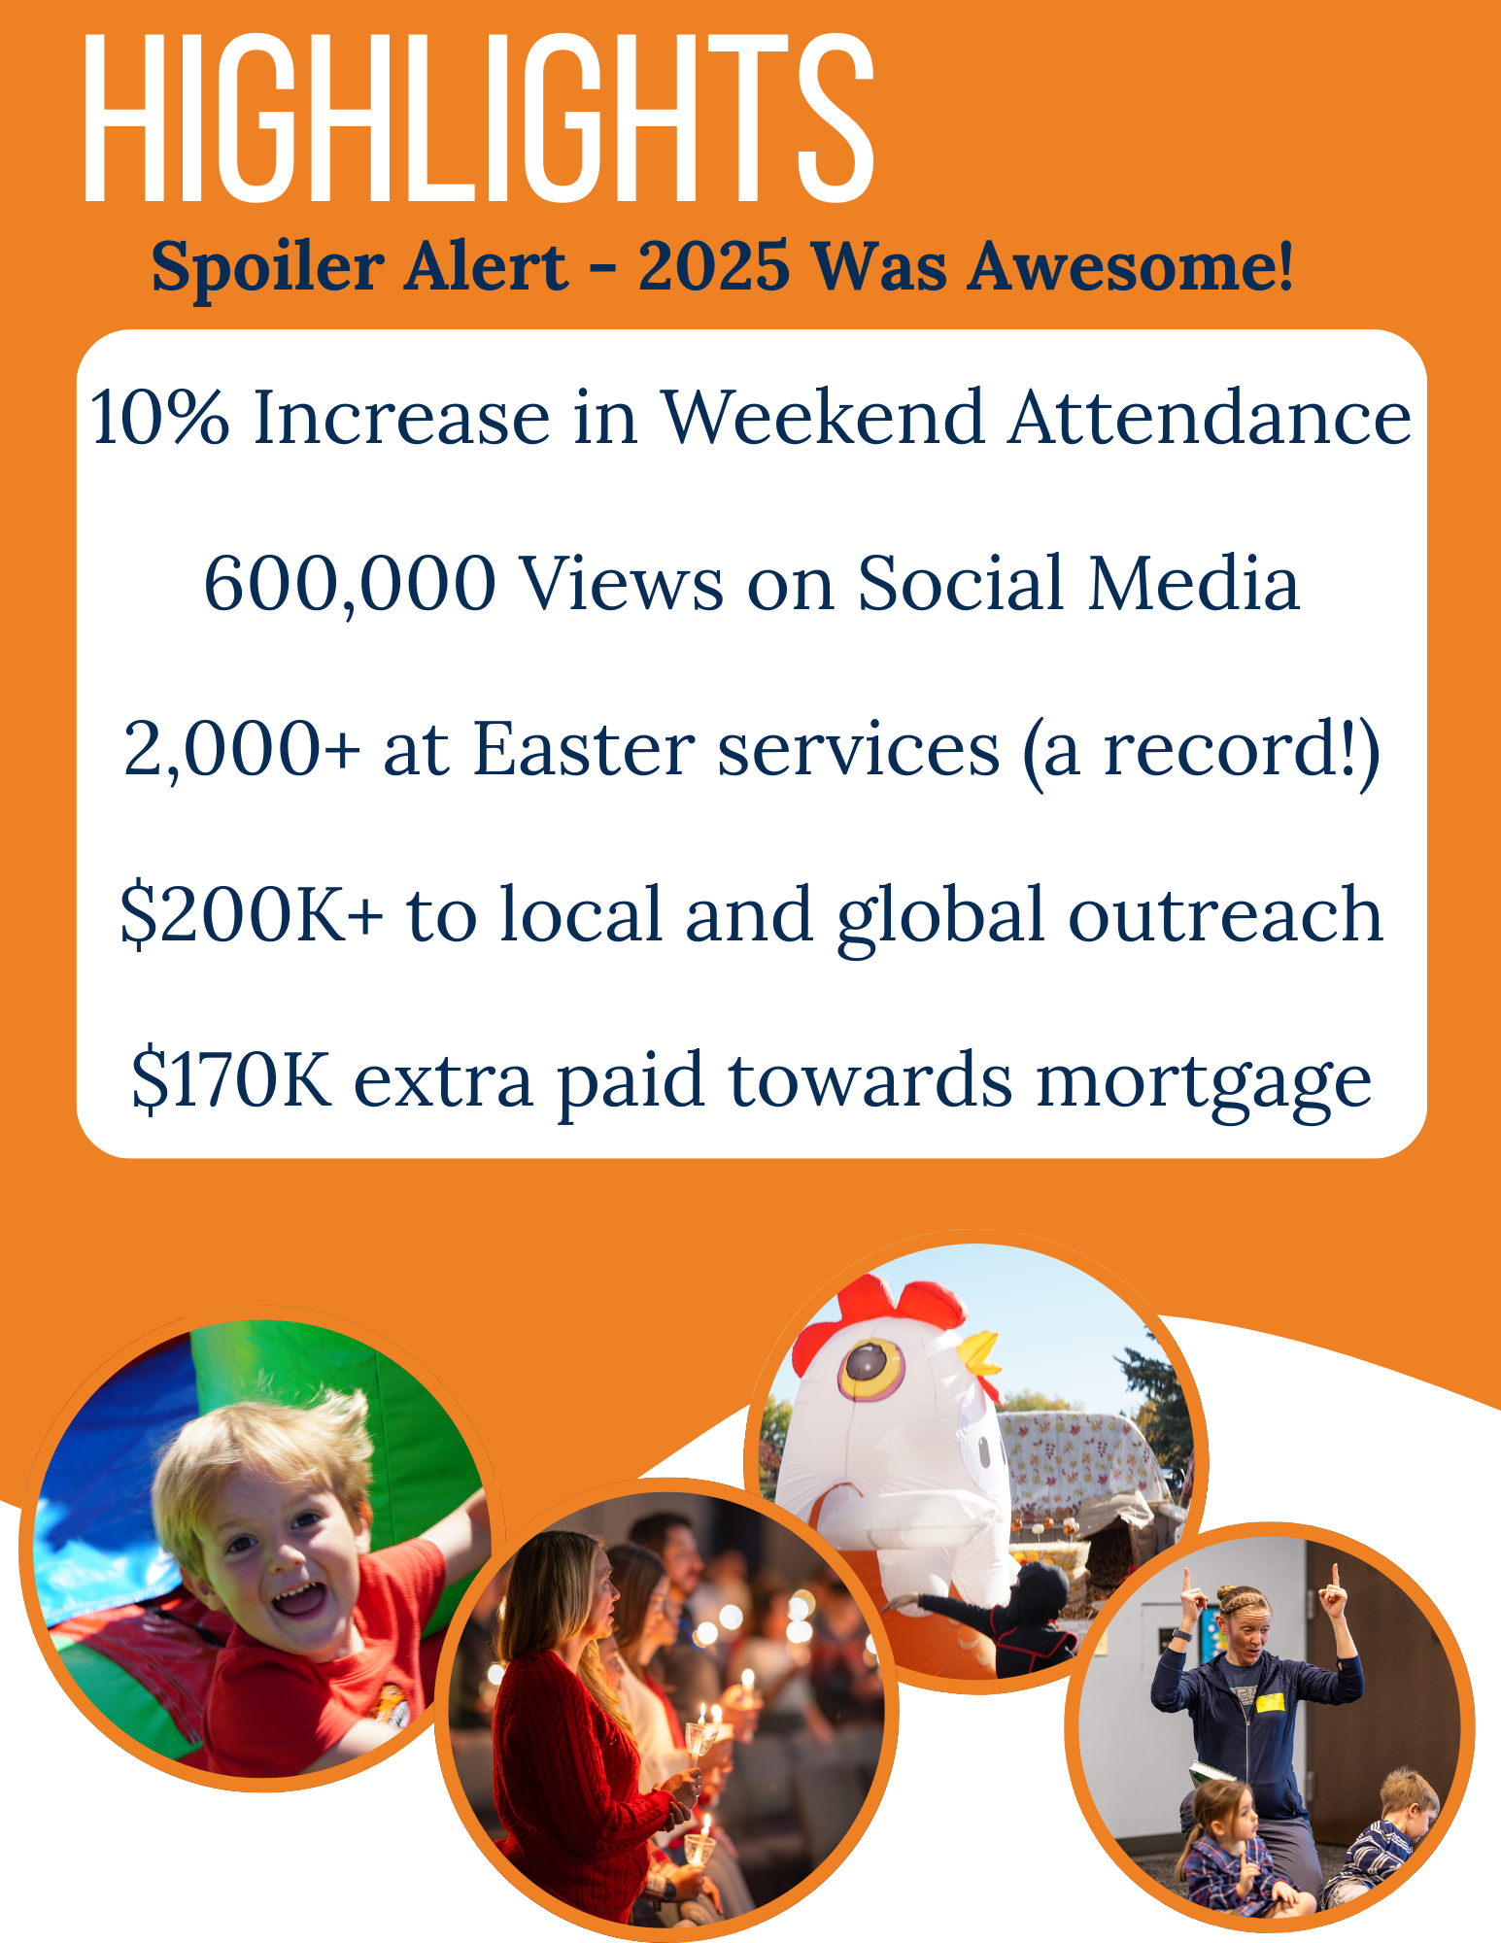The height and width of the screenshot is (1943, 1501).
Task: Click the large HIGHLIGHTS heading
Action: tap(479, 119)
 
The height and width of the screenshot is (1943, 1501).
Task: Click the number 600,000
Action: tap(350, 585)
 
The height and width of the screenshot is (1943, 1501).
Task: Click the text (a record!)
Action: tap(1201, 752)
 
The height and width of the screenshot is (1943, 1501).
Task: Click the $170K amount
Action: tap(231, 1079)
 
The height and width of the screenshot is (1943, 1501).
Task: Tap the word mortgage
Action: tap(1204, 1084)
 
